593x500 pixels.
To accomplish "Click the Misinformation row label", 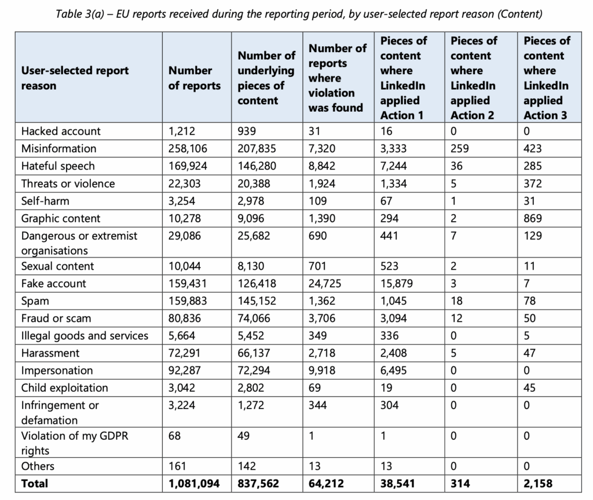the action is pyautogui.click(x=58, y=149).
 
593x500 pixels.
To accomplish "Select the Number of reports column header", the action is pyautogui.click(x=195, y=78).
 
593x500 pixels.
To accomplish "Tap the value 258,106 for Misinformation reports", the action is pyautogui.click(x=188, y=149).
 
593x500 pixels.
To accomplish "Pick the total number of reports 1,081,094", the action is pyautogui.click(x=194, y=483).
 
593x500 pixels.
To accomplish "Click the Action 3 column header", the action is pyautogui.click(x=547, y=78).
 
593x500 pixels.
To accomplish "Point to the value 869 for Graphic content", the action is pyautogui.click(x=533, y=218).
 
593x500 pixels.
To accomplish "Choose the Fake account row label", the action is pyautogui.click(x=54, y=284).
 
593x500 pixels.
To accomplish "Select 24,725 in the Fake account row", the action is pyautogui.click(x=325, y=284).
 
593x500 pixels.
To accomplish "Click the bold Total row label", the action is pyautogui.click(x=35, y=483).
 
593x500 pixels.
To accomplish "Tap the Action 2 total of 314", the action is pyautogui.click(x=460, y=483).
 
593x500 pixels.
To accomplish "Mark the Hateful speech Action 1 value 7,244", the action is pyautogui.click(x=394, y=166).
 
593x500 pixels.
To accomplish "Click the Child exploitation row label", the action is pyautogui.click(x=65, y=388).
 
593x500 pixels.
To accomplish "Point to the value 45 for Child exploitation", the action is pyautogui.click(x=529, y=388).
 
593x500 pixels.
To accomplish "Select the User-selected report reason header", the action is pyautogui.click(x=75, y=78).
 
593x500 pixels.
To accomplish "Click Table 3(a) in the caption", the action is pyautogui.click(x=80, y=14).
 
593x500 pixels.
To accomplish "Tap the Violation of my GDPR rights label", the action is pyautogui.click(x=75, y=443).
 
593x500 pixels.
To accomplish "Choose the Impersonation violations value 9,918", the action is pyautogui.click(x=322, y=370).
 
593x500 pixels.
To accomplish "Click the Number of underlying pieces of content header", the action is pyautogui.click(x=266, y=78).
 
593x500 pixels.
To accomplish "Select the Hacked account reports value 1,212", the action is pyautogui.click(x=182, y=131).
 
